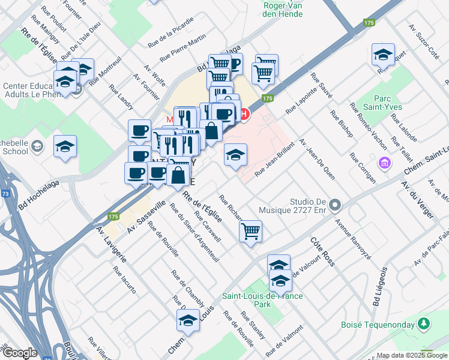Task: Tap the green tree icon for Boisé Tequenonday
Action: click(424, 324)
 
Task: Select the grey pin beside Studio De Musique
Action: click(335, 205)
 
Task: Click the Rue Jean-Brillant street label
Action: click(275, 161)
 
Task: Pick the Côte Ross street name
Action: click(322, 251)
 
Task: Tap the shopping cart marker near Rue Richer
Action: click(250, 230)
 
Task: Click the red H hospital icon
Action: click(244, 113)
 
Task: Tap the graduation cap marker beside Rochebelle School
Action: click(65, 147)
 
